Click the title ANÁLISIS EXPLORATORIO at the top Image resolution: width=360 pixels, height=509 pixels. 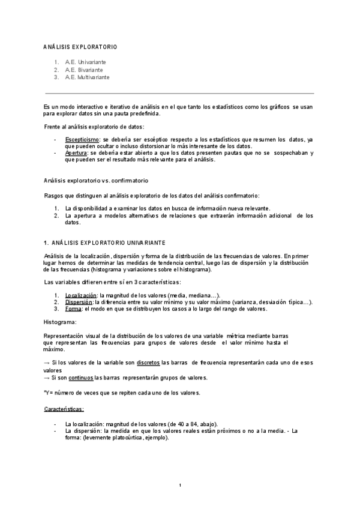click(x=80, y=46)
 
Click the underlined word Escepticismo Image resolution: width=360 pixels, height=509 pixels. click(x=82, y=139)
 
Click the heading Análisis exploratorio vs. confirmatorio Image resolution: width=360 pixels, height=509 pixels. click(x=96, y=180)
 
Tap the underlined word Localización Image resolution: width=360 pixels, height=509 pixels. click(x=81, y=295)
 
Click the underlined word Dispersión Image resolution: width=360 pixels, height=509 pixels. click(x=80, y=302)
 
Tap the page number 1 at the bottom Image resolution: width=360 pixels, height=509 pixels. click(x=180, y=485)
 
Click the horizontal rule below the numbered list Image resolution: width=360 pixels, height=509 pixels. click(x=180, y=93)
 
